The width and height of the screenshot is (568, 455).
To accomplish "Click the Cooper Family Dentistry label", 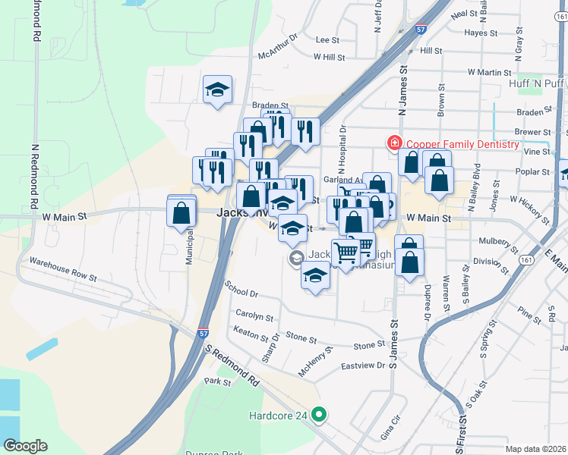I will click(462, 144).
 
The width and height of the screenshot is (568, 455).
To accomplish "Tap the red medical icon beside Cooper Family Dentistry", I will click(394, 143).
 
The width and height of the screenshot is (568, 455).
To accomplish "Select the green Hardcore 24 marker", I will click(320, 415).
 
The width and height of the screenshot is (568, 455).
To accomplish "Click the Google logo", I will click(25, 445).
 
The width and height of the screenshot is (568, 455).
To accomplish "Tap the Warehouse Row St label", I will click(63, 269).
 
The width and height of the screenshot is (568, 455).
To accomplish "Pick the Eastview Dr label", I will click(364, 366).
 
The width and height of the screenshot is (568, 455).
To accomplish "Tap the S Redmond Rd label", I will click(232, 366).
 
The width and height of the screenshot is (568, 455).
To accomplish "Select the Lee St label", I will click(327, 39).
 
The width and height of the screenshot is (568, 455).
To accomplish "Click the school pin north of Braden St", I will click(217, 90).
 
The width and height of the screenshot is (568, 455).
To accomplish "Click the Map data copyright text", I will click(536, 449).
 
